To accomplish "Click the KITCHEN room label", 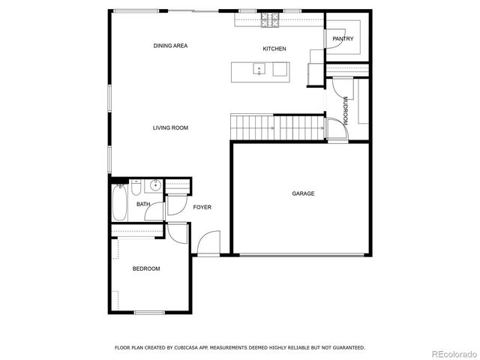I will tap(274, 49).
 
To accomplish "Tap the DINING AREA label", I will tap(170, 46).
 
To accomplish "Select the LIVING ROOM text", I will tap(170, 128).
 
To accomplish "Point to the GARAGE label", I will tap(303, 193).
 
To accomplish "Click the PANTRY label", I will tap(343, 39).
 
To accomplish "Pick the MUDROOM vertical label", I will tap(345, 111).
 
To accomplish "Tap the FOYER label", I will tap(202, 207).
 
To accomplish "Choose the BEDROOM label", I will tap(146, 268).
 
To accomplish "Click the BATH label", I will tap(142, 204).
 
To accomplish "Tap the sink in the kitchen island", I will tap(259, 70).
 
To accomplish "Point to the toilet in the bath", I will tap(137, 185).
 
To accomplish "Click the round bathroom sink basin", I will tap(154, 185).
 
